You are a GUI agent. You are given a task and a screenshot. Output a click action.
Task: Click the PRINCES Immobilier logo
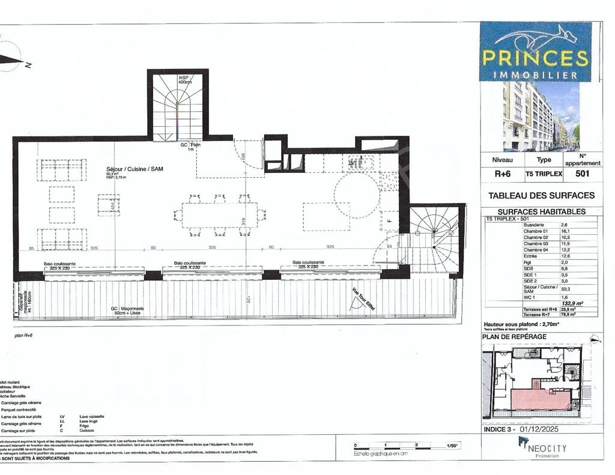click(x=535, y=52)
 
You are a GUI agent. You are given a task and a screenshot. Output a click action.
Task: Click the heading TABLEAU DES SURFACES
click(x=541, y=196)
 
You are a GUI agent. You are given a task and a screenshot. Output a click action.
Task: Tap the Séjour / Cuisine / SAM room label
click(x=131, y=169)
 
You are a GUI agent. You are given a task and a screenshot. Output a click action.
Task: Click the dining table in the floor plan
click(x=219, y=215)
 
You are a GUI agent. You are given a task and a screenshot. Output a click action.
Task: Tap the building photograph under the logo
click(x=541, y=116)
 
